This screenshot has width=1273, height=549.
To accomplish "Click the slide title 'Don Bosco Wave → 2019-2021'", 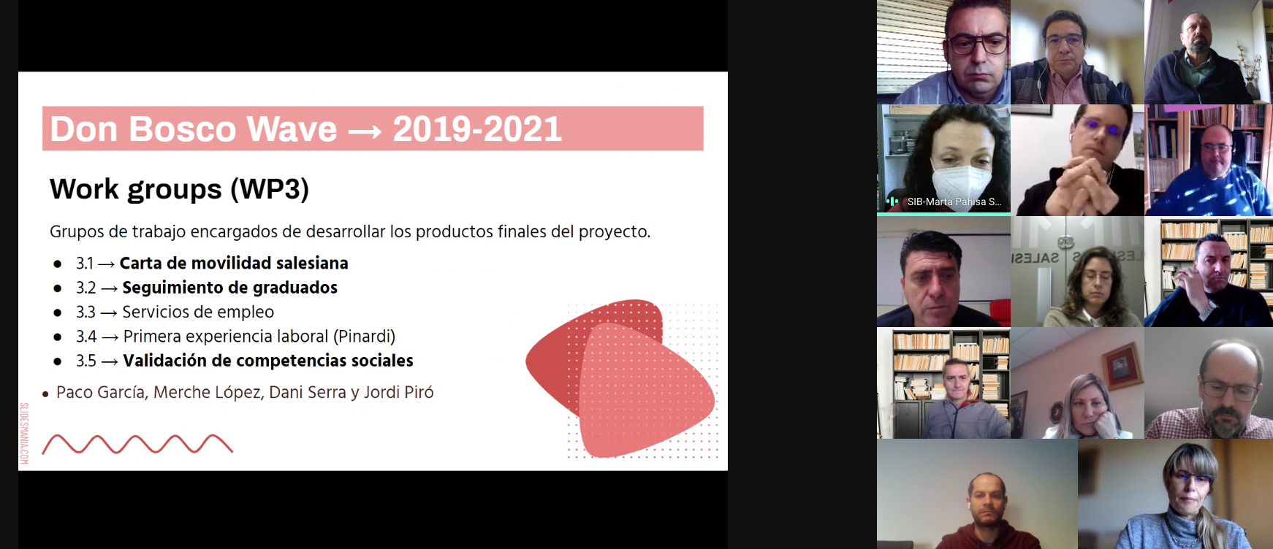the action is pyautogui.click(x=305, y=129).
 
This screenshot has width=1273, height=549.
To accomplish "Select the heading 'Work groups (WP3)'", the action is pyautogui.click(x=180, y=189).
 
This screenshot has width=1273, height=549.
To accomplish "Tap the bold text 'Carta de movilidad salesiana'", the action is pyautogui.click(x=234, y=263).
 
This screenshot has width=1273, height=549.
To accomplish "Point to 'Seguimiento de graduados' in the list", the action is pyautogui.click(x=229, y=288).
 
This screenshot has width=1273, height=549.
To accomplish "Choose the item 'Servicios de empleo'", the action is pyautogui.click(x=198, y=312).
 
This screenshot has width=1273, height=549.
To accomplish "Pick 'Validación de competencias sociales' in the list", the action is pyautogui.click(x=268, y=361).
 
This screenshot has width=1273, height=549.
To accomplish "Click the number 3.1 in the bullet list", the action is pyautogui.click(x=85, y=263).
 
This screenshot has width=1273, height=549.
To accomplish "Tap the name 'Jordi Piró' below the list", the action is pyautogui.click(x=398, y=392).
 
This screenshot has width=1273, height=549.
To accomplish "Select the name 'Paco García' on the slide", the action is pyautogui.click(x=102, y=392).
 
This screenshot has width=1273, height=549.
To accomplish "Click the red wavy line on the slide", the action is pyautogui.click(x=137, y=444).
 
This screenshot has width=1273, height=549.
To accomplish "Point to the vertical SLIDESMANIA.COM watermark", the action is pyautogui.click(x=23, y=434).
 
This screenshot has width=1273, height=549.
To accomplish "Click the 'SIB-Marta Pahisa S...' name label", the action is pyautogui.click(x=954, y=201).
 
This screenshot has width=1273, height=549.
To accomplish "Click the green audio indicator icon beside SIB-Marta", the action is pyautogui.click(x=892, y=201).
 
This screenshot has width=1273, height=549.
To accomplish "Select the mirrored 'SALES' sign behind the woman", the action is pyautogui.click(x=1035, y=258).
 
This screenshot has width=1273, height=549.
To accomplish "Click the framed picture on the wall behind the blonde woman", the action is pyautogui.click(x=1117, y=364).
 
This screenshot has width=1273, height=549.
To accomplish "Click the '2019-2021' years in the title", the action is pyautogui.click(x=477, y=129).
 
